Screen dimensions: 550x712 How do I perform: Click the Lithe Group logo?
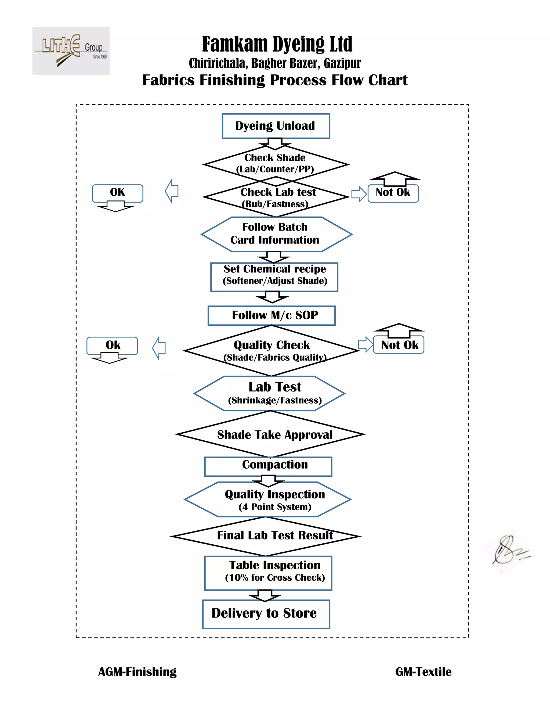pos(71,51)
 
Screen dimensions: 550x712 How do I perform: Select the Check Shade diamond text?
pos(275,163)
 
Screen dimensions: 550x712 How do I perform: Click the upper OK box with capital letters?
pos(117,193)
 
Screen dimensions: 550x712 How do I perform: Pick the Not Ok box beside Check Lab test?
pos(393,193)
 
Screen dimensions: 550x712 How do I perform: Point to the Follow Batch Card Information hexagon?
pos(276,234)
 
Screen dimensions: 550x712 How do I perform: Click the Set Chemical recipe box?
pos(274,277)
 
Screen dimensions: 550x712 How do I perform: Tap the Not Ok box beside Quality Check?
pos(399,345)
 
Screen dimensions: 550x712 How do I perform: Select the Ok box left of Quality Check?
pos(112,346)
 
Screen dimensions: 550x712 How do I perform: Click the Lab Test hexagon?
pos(269,394)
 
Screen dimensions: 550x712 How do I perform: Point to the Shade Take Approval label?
pos(275,434)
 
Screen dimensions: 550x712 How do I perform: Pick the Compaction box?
pos(268,466)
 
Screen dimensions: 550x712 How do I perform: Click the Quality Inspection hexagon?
pos(267,499)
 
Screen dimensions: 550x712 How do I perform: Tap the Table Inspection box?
pos(268,573)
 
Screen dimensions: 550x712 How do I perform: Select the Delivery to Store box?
pos(266,614)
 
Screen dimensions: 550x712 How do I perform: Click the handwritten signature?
pos(511,550)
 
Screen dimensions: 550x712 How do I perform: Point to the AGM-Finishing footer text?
pos(137,672)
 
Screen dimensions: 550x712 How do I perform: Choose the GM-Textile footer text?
pos(423,672)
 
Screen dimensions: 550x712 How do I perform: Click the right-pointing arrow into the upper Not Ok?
pos(359,194)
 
